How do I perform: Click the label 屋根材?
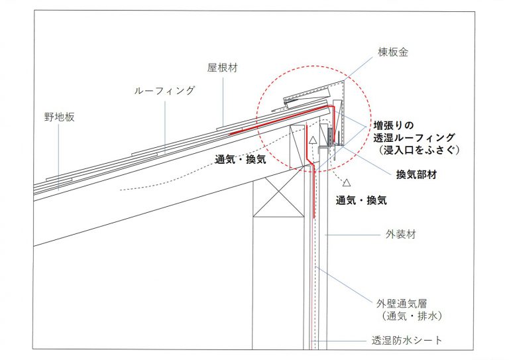click(x=221, y=68)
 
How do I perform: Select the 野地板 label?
click(x=59, y=117)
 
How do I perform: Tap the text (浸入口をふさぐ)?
click(x=416, y=150)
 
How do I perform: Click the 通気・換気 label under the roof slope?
click(x=239, y=160)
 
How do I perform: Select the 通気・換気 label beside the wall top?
click(x=361, y=199)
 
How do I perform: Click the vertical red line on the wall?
click(x=313, y=192)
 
